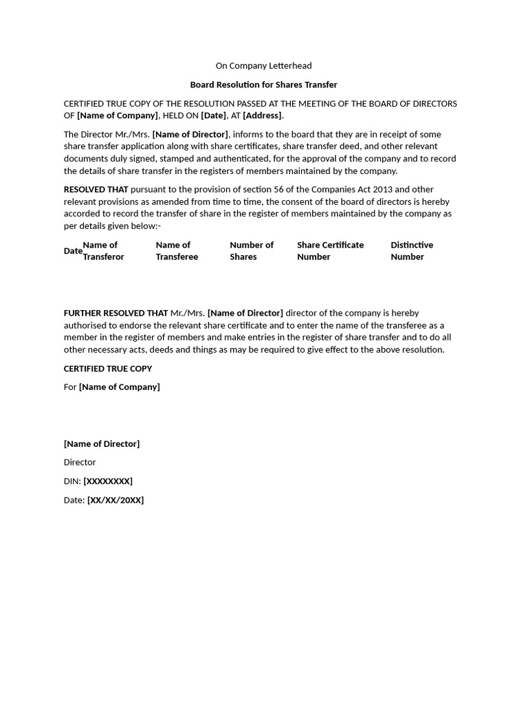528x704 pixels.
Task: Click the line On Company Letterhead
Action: click(263, 66)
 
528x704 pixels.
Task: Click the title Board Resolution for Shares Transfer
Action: click(263, 85)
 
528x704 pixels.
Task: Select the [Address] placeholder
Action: click(262, 115)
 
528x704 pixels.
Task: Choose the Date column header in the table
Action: click(73, 251)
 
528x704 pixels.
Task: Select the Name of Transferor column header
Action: click(103, 251)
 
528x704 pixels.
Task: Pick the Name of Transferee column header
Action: click(177, 251)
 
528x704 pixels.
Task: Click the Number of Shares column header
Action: click(251, 251)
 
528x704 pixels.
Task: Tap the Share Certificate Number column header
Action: click(330, 251)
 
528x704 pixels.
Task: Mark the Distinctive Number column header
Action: click(411, 251)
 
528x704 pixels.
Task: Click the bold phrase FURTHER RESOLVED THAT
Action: click(115, 313)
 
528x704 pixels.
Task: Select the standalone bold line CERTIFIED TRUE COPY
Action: click(108, 368)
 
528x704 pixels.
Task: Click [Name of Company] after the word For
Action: click(119, 387)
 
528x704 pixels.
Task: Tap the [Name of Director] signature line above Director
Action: click(102, 444)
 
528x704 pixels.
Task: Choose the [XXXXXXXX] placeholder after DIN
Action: click(108, 481)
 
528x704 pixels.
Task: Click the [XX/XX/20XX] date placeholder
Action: click(115, 500)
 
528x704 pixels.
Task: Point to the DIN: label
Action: click(72, 481)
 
